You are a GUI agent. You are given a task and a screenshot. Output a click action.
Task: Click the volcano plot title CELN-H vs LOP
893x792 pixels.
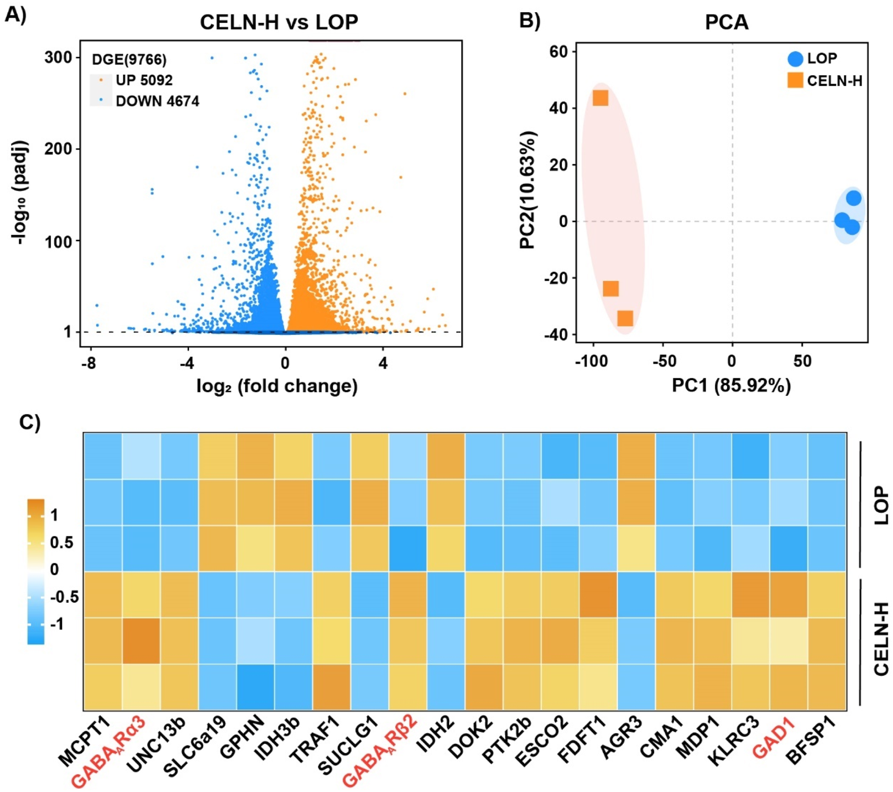coord(279,22)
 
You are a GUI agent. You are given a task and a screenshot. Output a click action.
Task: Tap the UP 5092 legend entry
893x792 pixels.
coord(144,80)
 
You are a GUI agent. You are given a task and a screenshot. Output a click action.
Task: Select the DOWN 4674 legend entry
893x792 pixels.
coord(157,101)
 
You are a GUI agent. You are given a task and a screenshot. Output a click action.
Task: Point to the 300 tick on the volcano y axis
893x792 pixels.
coord(58,58)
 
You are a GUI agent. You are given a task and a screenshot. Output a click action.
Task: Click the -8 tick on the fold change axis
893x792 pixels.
coord(88,364)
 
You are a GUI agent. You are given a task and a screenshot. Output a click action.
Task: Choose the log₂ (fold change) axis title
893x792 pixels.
coord(277,386)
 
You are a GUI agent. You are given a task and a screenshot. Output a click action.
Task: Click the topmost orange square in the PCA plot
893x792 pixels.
coord(600,98)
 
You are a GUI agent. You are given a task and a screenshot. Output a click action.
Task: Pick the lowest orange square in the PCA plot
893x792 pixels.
coord(625,318)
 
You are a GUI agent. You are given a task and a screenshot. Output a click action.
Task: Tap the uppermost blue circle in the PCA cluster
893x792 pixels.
coord(854,198)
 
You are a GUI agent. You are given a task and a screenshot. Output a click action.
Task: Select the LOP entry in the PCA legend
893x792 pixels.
coord(822,58)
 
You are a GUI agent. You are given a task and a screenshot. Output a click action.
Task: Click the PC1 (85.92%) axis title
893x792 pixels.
coord(731,385)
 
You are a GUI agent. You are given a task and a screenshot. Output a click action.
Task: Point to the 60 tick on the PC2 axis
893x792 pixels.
coord(559,51)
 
